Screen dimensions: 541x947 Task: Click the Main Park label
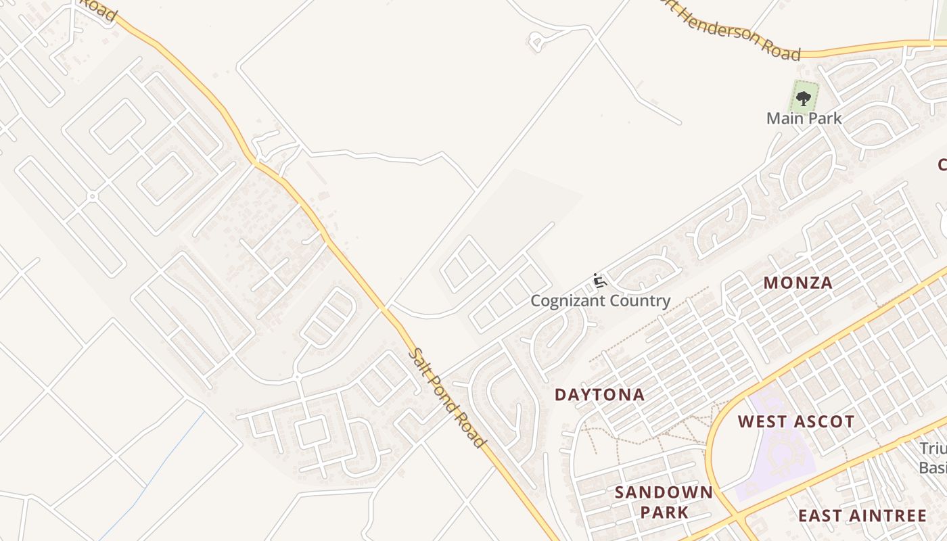[804, 118]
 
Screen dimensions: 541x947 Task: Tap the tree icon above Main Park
[804, 99]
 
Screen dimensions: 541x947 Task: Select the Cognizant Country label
[600, 301]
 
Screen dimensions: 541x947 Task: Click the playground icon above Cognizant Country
[599, 281]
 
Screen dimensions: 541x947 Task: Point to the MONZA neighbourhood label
[798, 283]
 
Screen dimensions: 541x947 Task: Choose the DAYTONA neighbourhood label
[599, 394]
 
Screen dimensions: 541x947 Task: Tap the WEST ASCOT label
[796, 422]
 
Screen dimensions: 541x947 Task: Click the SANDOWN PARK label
[664, 502]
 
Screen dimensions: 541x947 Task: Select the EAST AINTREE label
[862, 516]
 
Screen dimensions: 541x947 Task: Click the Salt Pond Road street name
[448, 398]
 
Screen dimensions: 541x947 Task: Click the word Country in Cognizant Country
[639, 301]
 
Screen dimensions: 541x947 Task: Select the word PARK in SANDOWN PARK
[664, 512]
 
